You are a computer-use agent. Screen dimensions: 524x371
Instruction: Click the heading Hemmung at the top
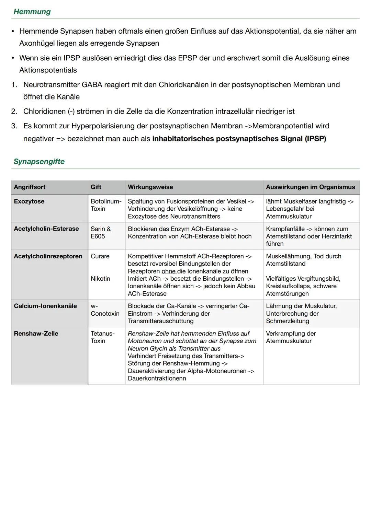[32, 12]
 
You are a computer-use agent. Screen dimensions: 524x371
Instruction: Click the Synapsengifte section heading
[39, 161]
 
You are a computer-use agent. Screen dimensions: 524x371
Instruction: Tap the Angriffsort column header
[30, 187]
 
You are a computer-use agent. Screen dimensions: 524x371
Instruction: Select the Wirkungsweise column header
[150, 187]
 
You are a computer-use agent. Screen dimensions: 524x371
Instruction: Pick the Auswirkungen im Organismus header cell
[310, 187]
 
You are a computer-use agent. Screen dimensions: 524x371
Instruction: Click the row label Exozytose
[29, 201]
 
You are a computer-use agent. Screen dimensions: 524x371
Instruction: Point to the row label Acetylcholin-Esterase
[46, 229]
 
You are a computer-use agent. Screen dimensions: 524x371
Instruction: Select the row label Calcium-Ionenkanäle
[45, 306]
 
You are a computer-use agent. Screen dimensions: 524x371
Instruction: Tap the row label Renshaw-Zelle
[36, 334]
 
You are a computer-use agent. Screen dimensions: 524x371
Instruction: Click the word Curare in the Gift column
[100, 256]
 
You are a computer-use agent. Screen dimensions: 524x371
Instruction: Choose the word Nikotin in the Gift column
[100, 279]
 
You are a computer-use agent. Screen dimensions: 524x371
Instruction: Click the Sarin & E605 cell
[101, 233]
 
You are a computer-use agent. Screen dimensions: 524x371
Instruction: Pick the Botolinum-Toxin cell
[106, 205]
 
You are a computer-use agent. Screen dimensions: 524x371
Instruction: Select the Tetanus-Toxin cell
[102, 337]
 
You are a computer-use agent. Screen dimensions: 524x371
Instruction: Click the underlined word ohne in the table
[168, 271]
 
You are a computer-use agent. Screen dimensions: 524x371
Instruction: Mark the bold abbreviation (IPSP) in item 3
[315, 139]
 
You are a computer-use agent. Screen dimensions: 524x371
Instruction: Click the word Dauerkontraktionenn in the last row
[157, 379]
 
